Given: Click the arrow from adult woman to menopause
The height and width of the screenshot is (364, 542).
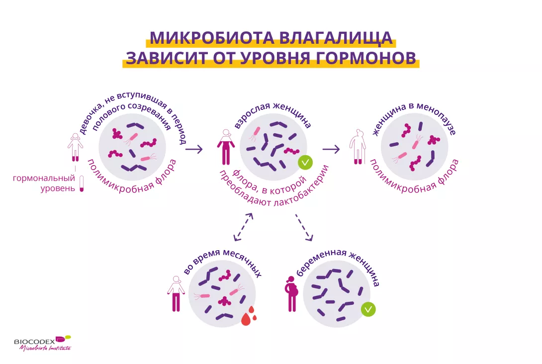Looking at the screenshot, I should click(x=331, y=149).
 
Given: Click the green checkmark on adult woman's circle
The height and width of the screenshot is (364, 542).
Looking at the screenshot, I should click(x=305, y=162).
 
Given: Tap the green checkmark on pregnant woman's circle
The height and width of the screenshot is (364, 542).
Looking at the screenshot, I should click(x=368, y=309).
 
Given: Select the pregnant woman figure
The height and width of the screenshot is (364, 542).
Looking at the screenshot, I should click(x=291, y=294).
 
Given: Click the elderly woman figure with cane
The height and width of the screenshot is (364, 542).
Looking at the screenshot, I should click(x=358, y=147).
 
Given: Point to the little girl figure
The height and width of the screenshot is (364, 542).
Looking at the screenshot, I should click(x=76, y=147).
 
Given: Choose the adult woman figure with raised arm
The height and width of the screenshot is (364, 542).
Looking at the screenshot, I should click(x=226, y=147).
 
